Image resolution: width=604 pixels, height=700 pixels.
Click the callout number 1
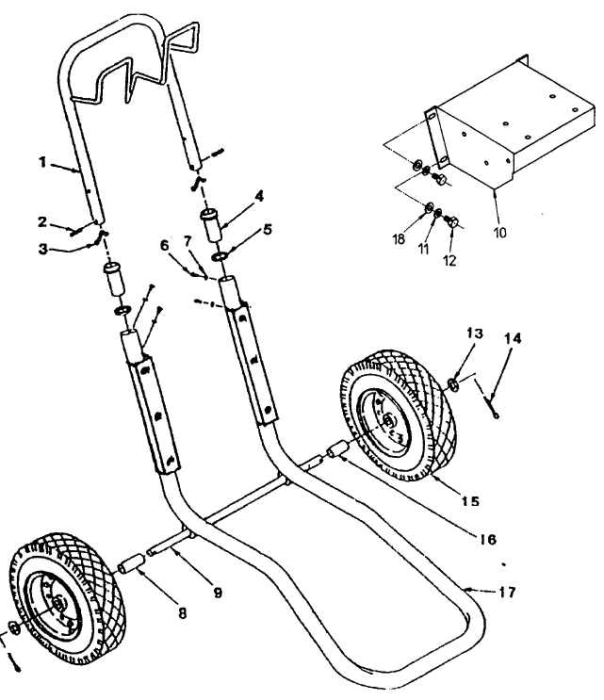pyautogui.click(x=42, y=162)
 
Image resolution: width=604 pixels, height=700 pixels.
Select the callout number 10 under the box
pyautogui.click(x=499, y=227)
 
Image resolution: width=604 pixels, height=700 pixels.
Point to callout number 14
pyautogui.click(x=514, y=336)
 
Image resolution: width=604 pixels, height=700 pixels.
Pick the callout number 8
pyautogui.click(x=183, y=611)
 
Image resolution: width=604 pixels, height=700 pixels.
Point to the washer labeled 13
pyautogui.click(x=453, y=384)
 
